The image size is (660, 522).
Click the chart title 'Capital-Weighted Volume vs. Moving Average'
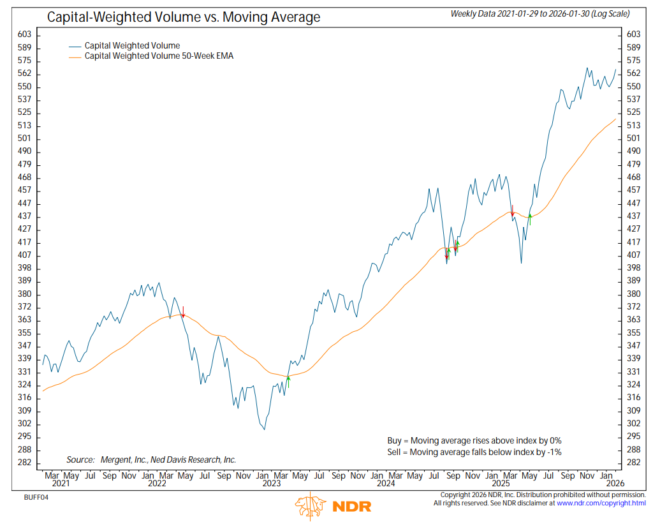coord(184,17)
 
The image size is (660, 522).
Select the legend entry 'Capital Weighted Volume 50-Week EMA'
coord(159,56)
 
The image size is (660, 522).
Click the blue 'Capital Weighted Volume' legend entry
coord(133,45)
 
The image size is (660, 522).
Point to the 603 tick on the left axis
coord(24,34)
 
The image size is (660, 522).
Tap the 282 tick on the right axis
coord(633,463)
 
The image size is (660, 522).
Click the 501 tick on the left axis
coord(24,138)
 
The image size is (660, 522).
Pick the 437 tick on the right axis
coord(633,216)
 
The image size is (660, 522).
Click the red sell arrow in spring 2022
coord(183,312)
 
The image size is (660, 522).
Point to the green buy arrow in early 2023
coord(288,382)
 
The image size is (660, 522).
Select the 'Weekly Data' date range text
coord(540,13)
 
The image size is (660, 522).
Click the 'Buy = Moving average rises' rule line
coord(474,440)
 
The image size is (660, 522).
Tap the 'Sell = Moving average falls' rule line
coord(474,452)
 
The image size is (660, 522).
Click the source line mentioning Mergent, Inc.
coord(151,459)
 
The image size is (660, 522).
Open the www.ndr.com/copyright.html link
coord(601,503)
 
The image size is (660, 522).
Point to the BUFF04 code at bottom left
coord(36,497)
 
